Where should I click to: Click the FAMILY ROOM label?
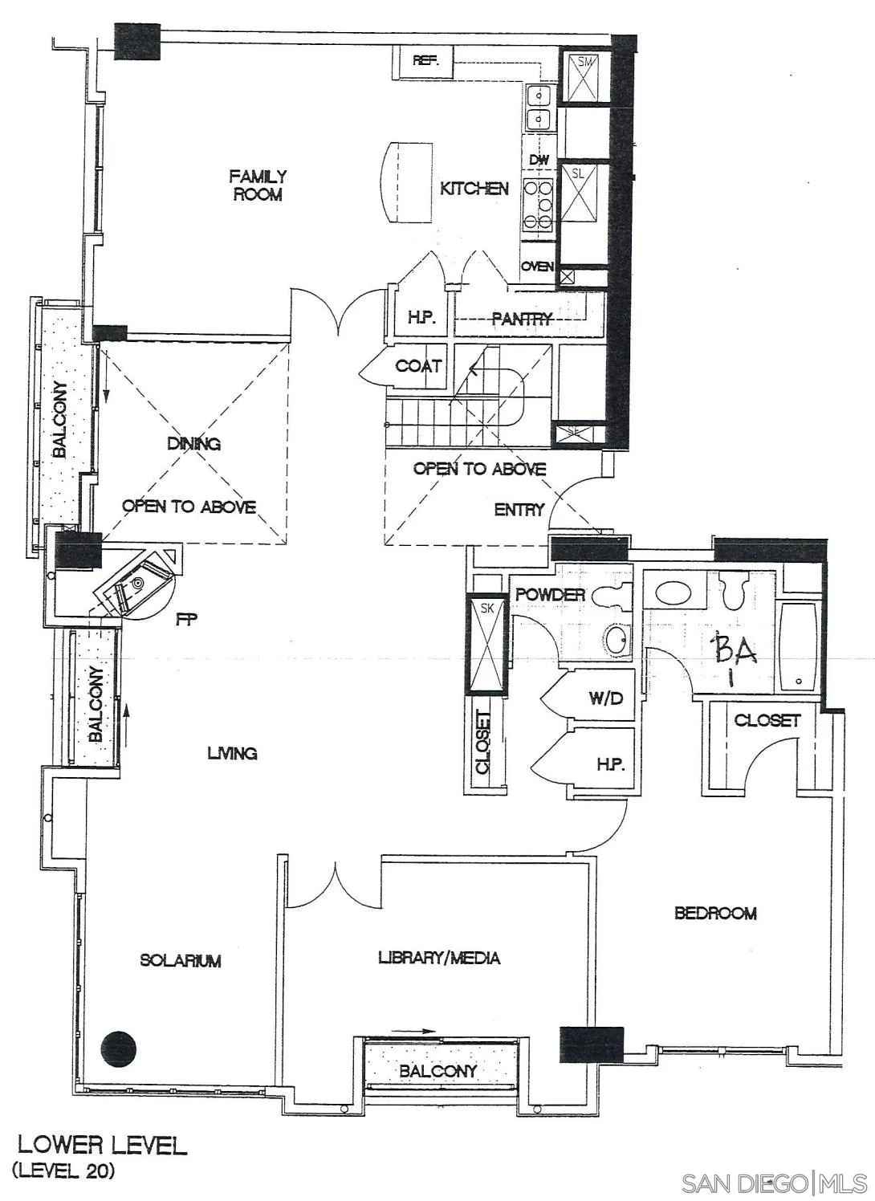pyautogui.click(x=257, y=185)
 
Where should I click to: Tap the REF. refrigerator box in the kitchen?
pyautogui.click(x=423, y=61)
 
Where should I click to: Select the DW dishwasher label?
pyautogui.click(x=539, y=160)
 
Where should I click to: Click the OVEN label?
pyautogui.click(x=537, y=267)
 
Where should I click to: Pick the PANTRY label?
pyautogui.click(x=523, y=319)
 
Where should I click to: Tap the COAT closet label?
pyautogui.click(x=418, y=366)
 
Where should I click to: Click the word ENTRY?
pyautogui.click(x=519, y=509)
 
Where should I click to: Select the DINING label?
pyautogui.click(x=193, y=443)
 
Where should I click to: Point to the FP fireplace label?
pyautogui.click(x=186, y=619)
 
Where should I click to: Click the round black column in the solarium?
pyautogui.click(x=119, y=1048)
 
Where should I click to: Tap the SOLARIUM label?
pyautogui.click(x=180, y=960)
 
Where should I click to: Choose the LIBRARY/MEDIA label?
pyautogui.click(x=439, y=958)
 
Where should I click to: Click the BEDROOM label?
pyautogui.click(x=715, y=913)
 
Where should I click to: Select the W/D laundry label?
pyautogui.click(x=605, y=698)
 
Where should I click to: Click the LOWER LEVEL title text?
pyautogui.click(x=102, y=1145)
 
